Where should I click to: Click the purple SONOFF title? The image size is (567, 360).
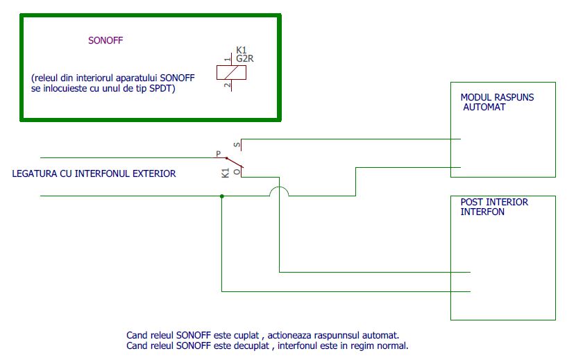pos(105,40)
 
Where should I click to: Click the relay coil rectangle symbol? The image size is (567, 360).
pos(230,71)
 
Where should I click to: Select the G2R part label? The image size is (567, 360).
pos(245,59)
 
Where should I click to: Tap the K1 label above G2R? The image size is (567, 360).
pos(242,50)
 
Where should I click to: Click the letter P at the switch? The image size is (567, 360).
pos(218,153)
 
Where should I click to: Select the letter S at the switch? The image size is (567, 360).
pos(237,145)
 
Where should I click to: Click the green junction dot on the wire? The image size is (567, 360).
pos(221,196)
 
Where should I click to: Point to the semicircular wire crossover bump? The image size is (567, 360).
pos(278,191)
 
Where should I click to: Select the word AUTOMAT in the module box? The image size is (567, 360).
pos(484,108)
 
